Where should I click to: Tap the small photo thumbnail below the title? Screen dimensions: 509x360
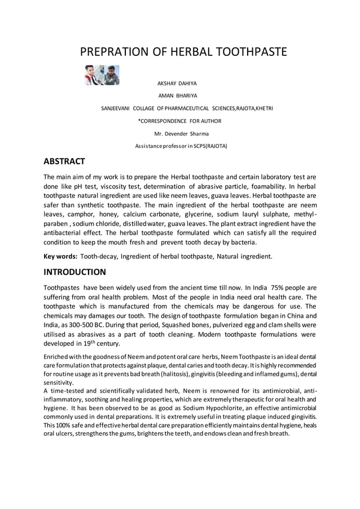click(102, 75)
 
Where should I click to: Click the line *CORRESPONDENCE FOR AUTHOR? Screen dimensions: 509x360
click(179, 121)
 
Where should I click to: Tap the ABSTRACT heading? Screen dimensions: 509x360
click(64, 161)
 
